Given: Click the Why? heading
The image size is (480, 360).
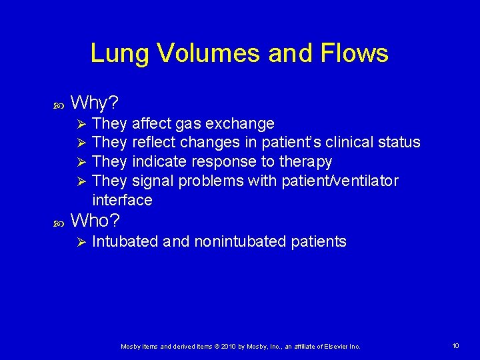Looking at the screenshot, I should pos(95,103).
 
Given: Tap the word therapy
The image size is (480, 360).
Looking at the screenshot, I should pos(305,162).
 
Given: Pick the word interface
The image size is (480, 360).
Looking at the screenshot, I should pos(122,200).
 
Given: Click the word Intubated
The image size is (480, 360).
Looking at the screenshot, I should pos(125,241).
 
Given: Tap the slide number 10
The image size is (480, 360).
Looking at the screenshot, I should pos(455,345).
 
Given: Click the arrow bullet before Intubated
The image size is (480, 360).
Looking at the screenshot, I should pos(79,241).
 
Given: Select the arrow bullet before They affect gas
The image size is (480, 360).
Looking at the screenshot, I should pos(79,123).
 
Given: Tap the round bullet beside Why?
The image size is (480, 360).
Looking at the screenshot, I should pos(56,104).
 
